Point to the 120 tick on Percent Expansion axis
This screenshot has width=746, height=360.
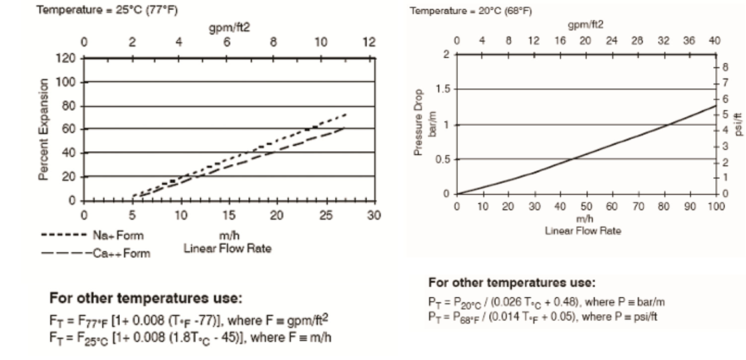[x=68, y=58]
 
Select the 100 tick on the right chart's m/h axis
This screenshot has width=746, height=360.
[x=716, y=207]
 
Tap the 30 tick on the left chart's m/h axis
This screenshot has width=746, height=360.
[x=373, y=215]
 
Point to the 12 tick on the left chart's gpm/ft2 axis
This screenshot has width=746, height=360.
[x=369, y=43]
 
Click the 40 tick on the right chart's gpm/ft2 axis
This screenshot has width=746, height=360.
[x=715, y=41]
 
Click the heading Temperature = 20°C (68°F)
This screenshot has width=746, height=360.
[x=462, y=11]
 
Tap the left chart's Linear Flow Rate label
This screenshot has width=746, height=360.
[x=227, y=248]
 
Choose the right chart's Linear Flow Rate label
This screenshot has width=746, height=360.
[x=583, y=230]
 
